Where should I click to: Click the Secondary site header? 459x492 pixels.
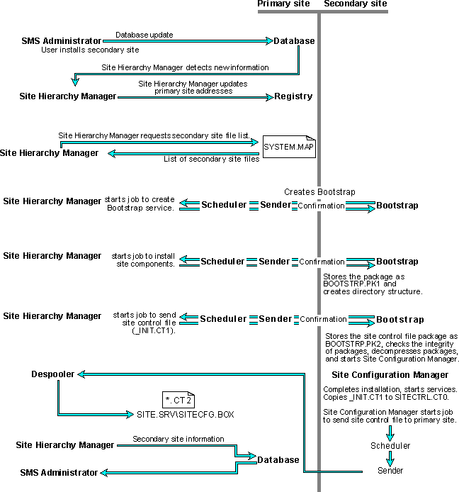355,4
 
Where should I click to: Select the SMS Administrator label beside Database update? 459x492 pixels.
62,40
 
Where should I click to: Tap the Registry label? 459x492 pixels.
293,96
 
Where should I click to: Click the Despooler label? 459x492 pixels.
53,374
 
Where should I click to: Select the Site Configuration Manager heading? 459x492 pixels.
390,374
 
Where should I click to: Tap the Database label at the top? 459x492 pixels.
294,40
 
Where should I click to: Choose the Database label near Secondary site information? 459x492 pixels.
278,460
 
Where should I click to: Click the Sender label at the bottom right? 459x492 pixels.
390,471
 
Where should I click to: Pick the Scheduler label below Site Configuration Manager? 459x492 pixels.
390,446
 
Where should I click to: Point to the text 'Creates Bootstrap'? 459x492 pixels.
319,192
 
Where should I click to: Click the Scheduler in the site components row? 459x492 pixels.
222,262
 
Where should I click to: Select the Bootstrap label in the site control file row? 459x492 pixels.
400,320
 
